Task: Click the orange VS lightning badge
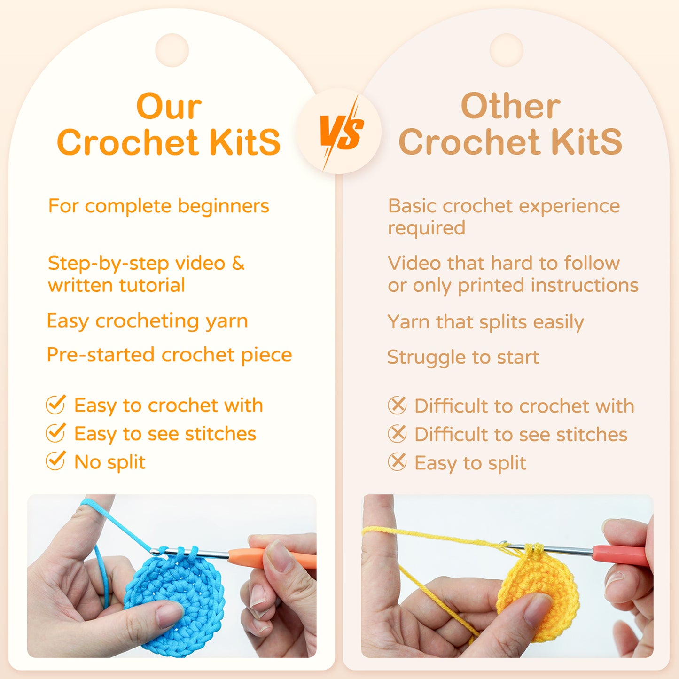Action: [340, 132]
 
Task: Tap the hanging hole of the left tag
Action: [172, 50]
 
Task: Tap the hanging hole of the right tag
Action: [506, 50]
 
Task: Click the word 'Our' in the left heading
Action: [169, 107]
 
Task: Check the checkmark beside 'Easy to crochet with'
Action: [55, 405]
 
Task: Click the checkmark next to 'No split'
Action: [55, 461]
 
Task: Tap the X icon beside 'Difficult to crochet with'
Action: [397, 405]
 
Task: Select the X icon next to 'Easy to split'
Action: [397, 462]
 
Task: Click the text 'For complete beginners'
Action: [158, 206]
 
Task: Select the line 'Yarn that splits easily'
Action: [485, 322]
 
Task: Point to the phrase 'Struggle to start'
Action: [463, 357]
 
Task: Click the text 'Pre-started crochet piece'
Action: [169, 355]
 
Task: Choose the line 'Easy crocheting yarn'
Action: [147, 321]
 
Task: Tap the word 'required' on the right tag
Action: [426, 228]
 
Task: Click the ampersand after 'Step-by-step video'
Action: [238, 263]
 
